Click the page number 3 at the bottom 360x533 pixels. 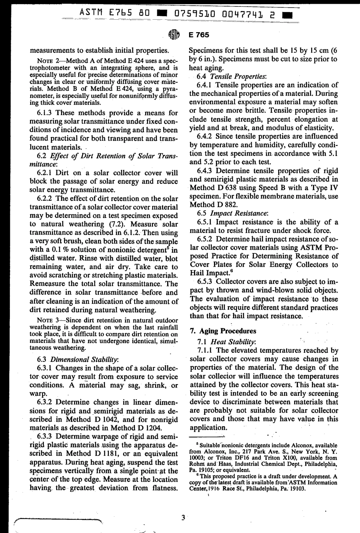tap(183, 517)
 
